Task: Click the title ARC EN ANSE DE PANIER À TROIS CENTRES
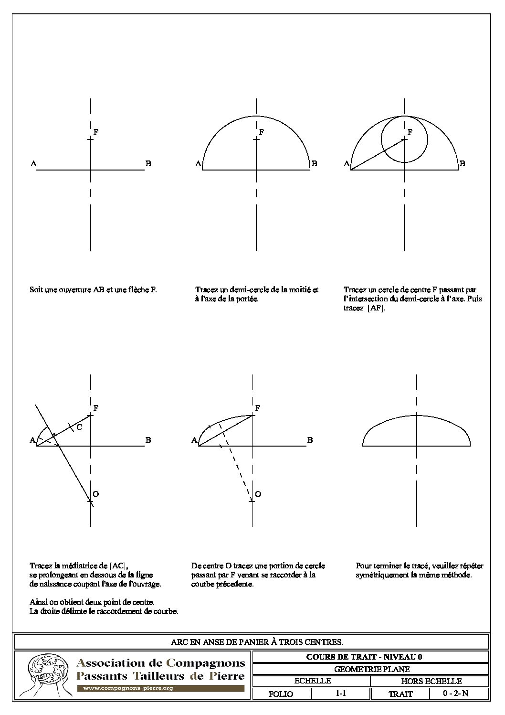[x=257, y=641]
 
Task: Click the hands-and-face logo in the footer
[x=45, y=673]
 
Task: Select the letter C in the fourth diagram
[x=79, y=427]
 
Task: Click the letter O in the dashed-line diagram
[x=258, y=494]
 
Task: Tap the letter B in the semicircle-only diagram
[x=314, y=164]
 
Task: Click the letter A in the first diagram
[x=33, y=164]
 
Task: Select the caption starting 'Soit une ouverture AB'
[x=93, y=289]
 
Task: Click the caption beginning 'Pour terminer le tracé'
[x=419, y=570]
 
